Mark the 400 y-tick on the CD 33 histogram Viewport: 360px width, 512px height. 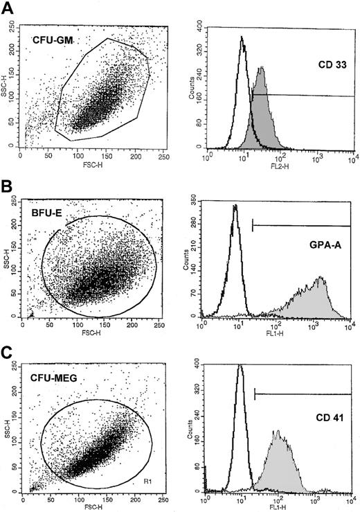point(196,24)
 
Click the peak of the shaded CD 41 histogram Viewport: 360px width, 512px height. point(278,432)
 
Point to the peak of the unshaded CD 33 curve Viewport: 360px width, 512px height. point(241,37)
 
